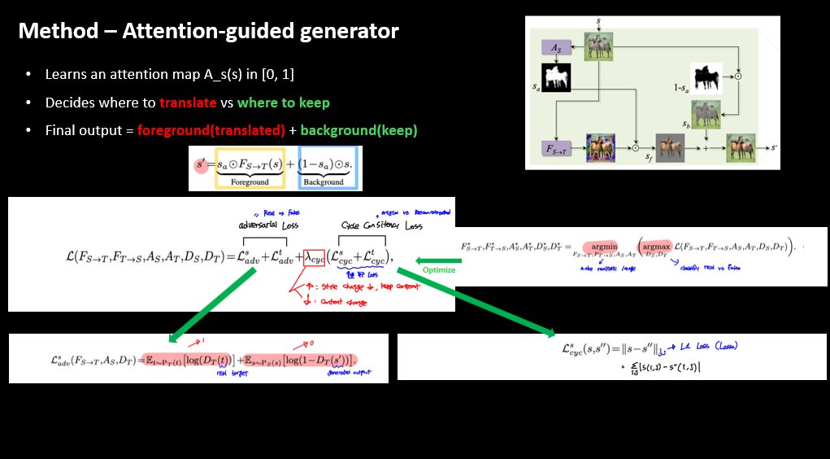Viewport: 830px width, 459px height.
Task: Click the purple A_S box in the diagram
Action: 555,49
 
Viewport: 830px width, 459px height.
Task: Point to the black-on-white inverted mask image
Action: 706,77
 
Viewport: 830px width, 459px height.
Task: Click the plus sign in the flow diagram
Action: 706,149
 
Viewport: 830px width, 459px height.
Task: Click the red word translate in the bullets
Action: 188,103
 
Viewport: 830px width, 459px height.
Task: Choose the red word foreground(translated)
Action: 211,130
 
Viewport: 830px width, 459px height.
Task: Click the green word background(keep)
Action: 359,130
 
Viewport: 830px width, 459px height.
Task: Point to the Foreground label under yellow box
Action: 249,182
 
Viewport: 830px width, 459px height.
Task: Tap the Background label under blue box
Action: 324,182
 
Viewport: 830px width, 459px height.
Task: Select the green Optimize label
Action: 439,270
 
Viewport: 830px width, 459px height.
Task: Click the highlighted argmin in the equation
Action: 604,245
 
